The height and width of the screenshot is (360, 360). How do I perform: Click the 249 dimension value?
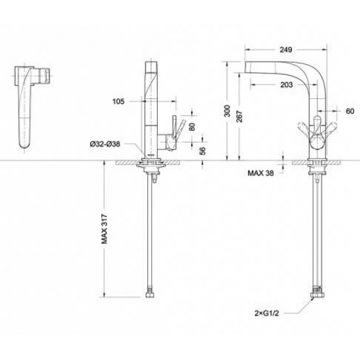point(286,50)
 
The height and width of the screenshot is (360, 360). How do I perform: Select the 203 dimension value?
point(287,84)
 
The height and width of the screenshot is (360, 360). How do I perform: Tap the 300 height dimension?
point(227,111)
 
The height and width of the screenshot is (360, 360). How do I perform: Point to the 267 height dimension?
point(239,117)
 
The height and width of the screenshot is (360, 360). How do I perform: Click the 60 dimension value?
point(350,111)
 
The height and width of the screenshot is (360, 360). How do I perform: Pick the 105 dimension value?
point(118,101)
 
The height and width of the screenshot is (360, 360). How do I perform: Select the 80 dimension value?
point(192,127)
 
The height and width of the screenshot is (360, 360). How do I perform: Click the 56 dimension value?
point(203,151)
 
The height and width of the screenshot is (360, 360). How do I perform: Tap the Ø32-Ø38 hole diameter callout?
point(105,144)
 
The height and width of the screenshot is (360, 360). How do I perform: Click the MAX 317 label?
point(104,229)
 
